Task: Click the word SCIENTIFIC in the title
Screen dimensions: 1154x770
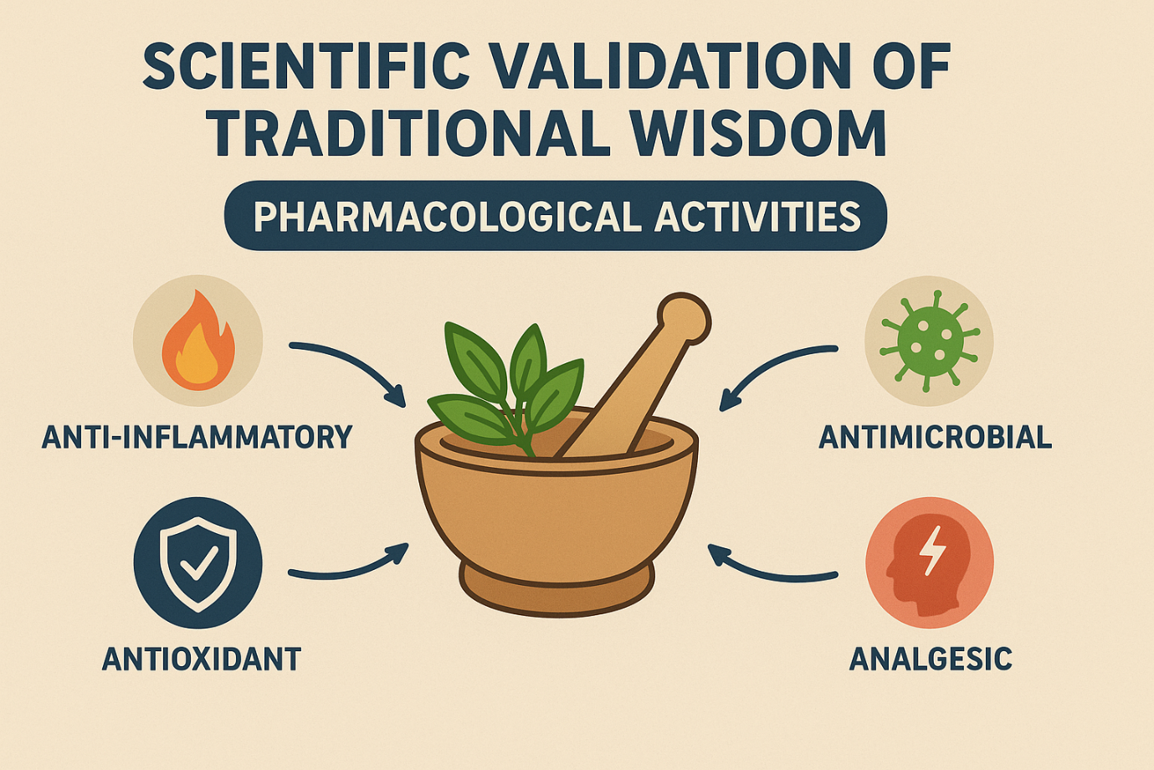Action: tap(306, 65)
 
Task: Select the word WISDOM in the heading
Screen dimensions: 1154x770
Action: tap(758, 132)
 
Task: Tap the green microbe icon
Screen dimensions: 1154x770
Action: tap(930, 341)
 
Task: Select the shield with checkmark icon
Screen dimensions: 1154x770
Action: tap(198, 564)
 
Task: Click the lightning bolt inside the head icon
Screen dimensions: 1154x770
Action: tap(932, 551)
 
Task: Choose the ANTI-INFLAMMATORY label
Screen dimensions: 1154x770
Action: tap(197, 437)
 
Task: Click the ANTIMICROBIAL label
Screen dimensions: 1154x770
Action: tap(935, 437)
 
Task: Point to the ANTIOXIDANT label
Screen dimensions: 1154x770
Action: tap(202, 659)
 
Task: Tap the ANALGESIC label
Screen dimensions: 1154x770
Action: tap(931, 659)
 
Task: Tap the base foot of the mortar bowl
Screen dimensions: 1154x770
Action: tap(556, 589)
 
